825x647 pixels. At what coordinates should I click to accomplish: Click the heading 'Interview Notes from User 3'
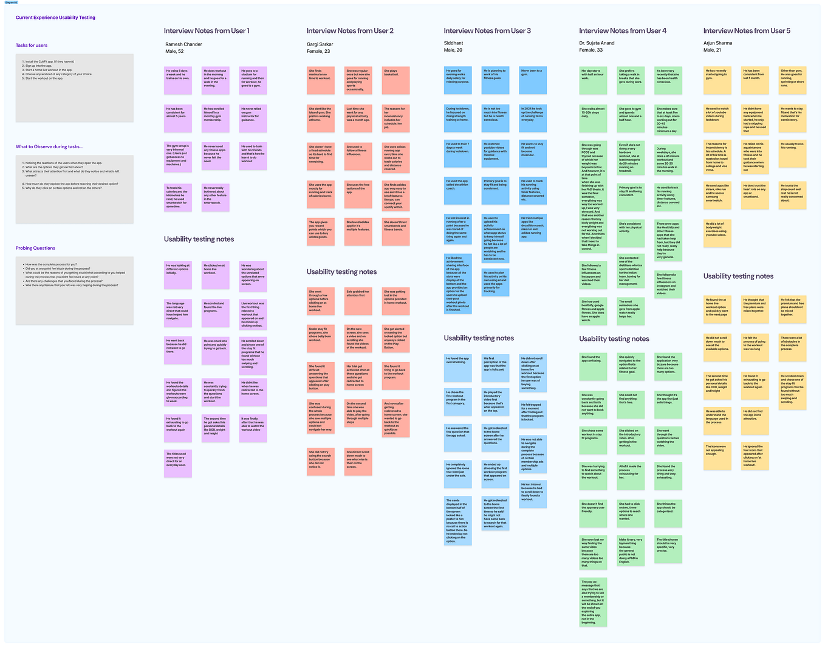coord(487,30)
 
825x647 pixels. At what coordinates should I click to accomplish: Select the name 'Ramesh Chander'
coord(183,44)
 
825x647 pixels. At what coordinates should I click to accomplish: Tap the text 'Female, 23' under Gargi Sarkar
coord(318,52)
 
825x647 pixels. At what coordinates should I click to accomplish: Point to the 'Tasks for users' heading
coord(32,46)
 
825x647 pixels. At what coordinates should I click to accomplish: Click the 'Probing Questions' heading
coord(35,248)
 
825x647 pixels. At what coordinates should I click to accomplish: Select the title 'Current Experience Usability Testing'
coord(55,18)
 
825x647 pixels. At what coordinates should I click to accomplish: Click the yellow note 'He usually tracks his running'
coord(793,154)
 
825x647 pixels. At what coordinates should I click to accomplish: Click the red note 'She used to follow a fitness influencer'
coord(358,156)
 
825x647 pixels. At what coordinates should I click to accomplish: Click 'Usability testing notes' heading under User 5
coord(738,276)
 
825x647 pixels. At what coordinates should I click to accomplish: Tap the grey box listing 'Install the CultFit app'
coord(74,87)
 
